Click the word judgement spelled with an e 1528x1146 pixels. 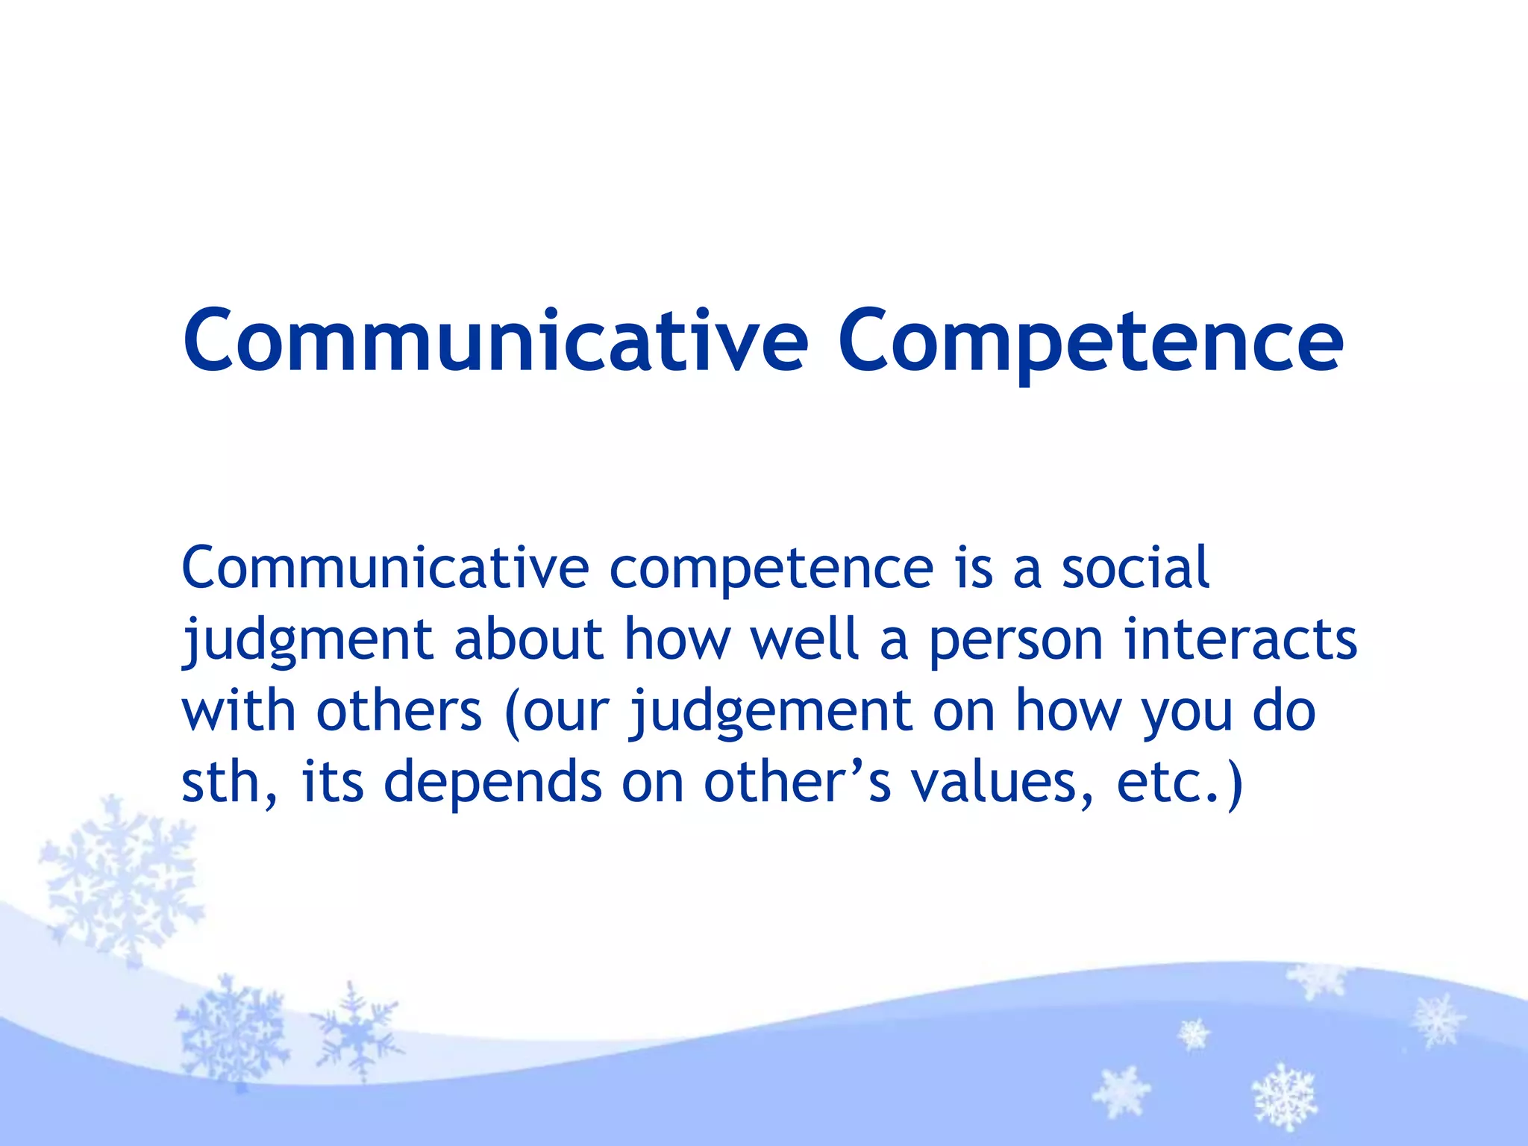tap(771, 711)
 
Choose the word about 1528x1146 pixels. tap(528, 639)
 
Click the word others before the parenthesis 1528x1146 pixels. tap(399, 710)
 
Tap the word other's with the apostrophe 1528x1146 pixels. tap(797, 782)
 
